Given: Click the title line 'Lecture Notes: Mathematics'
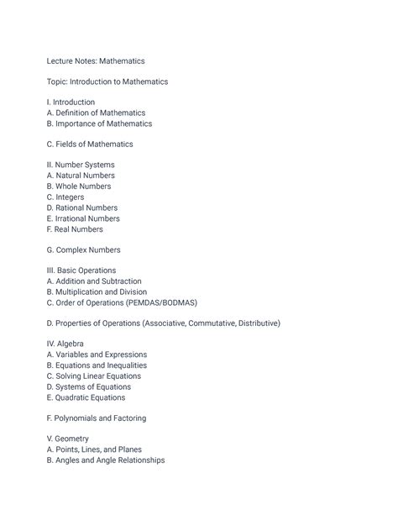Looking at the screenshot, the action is [x=96, y=60].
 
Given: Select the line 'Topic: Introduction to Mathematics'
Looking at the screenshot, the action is [x=107, y=81].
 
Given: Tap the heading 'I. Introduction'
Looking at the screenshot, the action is [x=71, y=102].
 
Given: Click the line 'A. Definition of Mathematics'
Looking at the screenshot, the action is [x=96, y=113].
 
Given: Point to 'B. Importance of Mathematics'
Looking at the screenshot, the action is [x=99, y=123].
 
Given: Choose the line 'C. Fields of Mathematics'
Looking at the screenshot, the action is [x=90, y=145].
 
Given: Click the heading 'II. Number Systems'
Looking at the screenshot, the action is [x=81, y=165].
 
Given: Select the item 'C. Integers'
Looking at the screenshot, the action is [x=65, y=197].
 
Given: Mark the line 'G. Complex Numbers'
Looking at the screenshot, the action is [x=83, y=250].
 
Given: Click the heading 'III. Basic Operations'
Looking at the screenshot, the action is [x=82, y=271].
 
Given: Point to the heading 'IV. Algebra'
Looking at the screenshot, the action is [x=65, y=344].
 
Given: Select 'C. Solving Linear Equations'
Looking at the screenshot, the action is [x=94, y=376].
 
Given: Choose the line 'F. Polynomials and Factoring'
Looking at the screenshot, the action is [x=97, y=418].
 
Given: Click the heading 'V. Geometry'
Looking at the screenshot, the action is [x=68, y=439].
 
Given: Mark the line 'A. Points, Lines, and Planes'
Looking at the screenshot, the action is [x=94, y=449].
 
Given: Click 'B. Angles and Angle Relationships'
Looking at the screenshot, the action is [x=106, y=460].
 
